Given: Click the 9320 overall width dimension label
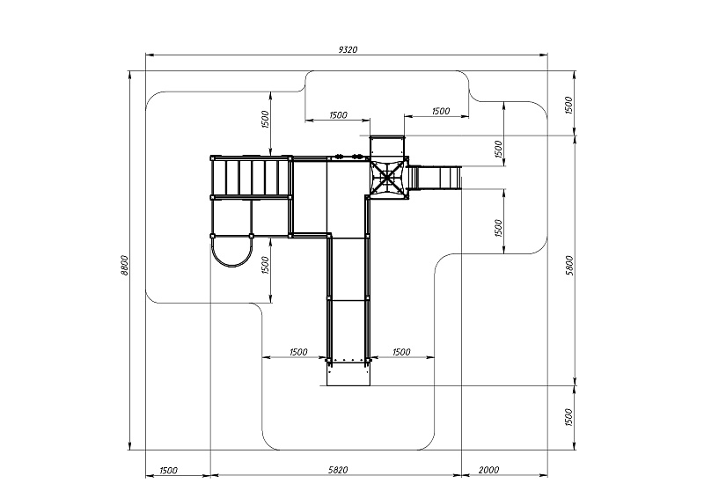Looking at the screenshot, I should (348, 50).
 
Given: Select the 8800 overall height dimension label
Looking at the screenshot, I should (125, 263).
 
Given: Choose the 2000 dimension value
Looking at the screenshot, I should (493, 470).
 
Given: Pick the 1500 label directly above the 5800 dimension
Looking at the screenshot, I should (569, 105).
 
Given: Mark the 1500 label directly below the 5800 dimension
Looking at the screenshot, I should (569, 416).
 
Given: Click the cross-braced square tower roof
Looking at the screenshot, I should (386, 178).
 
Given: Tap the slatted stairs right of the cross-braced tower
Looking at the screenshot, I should (437, 178).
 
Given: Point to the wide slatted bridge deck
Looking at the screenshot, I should (251, 178).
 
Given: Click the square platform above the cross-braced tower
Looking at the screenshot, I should (386, 147).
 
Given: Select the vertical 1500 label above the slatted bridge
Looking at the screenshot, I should (266, 121).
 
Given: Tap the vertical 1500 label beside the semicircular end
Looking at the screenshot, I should (266, 264).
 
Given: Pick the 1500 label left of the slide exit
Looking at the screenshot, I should (297, 352).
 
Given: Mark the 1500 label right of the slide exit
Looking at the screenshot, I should (400, 352).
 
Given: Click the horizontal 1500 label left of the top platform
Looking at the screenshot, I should (337, 115).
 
